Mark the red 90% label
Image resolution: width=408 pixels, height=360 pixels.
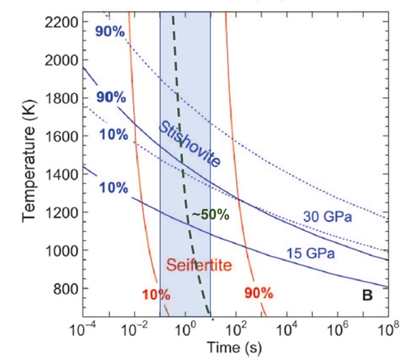[257, 293]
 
